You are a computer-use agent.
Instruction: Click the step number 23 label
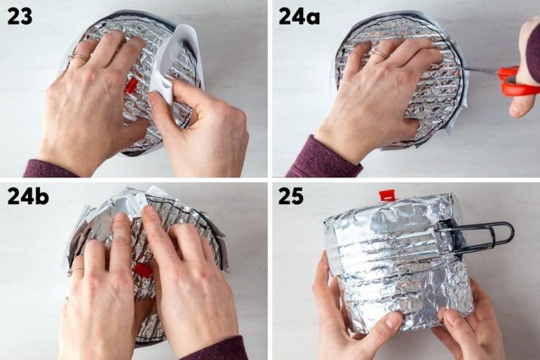pyautogui.click(x=20, y=15)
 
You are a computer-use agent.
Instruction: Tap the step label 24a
pyautogui.click(x=299, y=15)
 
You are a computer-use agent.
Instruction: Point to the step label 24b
pyautogui.click(x=28, y=196)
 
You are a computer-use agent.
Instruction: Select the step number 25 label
pyautogui.click(x=290, y=196)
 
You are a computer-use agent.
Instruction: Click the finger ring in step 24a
pyautogui.click(x=379, y=53)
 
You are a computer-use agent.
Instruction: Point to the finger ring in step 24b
pyautogui.click(x=76, y=269)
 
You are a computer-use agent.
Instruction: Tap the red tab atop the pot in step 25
pyautogui.click(x=387, y=195)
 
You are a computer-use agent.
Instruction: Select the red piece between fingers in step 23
pyautogui.click(x=131, y=86)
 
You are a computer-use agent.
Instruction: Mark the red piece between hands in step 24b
pyautogui.click(x=144, y=270)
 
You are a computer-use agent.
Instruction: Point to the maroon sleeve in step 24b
pyautogui.click(x=217, y=349)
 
